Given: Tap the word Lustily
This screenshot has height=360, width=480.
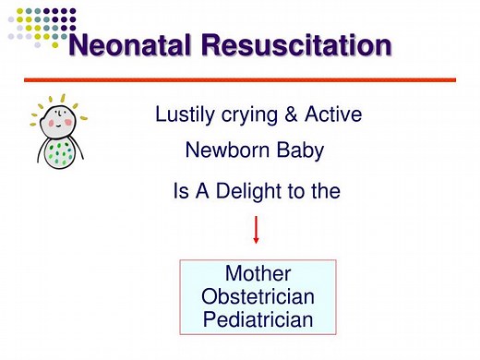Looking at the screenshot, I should point(185,115).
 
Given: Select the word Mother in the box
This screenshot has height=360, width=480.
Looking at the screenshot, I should point(258,274).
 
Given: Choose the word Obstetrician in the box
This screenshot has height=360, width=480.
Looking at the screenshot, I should point(258,297).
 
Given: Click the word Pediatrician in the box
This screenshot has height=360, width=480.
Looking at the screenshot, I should point(258,320).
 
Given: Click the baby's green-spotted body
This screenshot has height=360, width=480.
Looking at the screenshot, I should point(60,155).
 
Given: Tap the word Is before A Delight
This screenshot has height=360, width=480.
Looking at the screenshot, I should point(182,192).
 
